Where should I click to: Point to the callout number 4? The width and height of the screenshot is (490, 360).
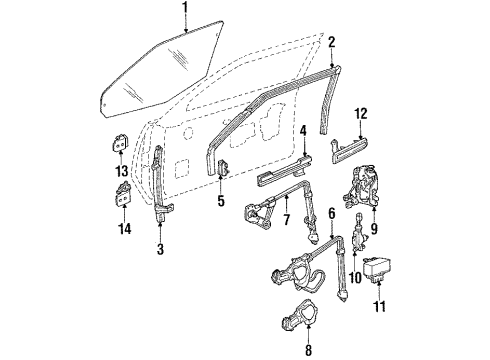(302, 129)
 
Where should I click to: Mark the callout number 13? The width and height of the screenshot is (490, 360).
(122, 170)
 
